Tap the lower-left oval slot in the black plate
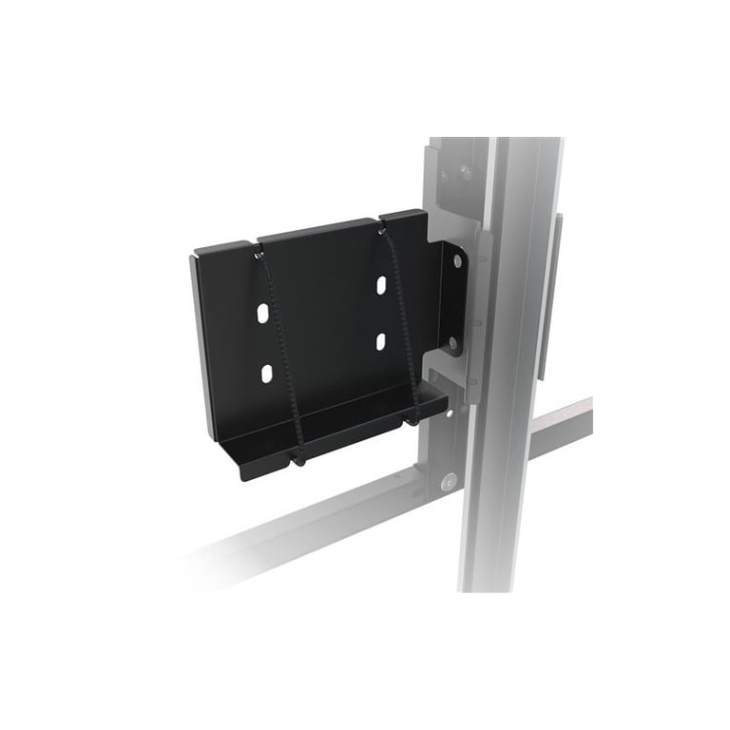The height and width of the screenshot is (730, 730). pos(266,372)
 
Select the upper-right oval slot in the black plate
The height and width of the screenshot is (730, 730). pos(379,284)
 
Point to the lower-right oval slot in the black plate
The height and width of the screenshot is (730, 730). pos(379,339)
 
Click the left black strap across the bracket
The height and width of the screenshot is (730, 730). pos(280,352)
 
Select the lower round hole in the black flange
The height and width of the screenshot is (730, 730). pos(453,342)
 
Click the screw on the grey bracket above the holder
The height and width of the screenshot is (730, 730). pos(465,173)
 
